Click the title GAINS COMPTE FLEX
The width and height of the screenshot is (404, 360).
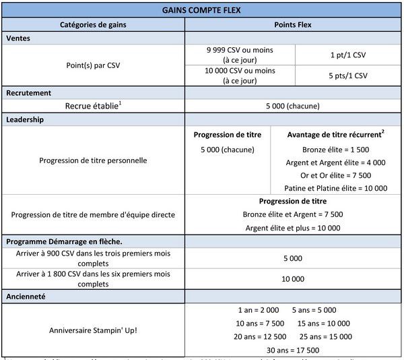[x=202, y=10]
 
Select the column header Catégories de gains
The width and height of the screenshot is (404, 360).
[x=93, y=25]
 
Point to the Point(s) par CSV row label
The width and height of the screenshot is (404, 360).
[x=93, y=66]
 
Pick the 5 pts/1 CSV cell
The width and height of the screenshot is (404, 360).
[x=348, y=76]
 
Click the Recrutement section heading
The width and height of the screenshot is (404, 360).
[x=29, y=92]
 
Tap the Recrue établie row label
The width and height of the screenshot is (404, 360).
[x=93, y=106]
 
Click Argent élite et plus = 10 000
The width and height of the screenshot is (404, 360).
[x=292, y=228]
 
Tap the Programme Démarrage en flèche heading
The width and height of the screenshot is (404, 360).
[x=64, y=241]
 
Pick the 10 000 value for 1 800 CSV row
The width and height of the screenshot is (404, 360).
[x=292, y=278]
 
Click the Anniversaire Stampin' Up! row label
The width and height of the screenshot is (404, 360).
[x=93, y=330]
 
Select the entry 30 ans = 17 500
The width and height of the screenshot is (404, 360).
[x=292, y=350]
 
